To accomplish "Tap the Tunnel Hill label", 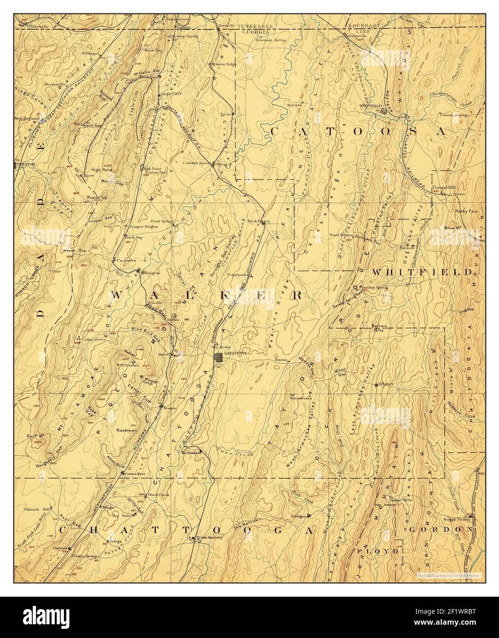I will point(443,187).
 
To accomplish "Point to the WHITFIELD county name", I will point(421,272).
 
